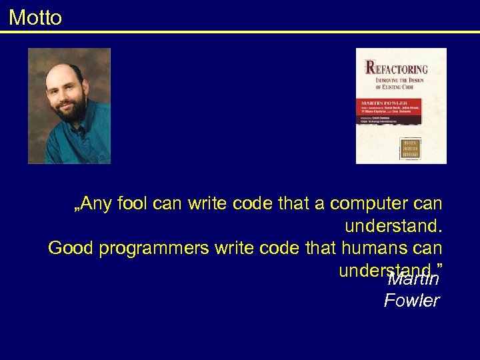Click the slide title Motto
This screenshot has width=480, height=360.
pos(35,17)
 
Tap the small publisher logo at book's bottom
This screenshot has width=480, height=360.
pos(410,148)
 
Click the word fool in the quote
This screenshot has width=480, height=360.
pos(133,203)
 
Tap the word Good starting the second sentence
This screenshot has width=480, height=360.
pos(71,248)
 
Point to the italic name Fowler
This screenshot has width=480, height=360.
pos(411,301)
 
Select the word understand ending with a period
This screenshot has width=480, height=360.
pos(393,226)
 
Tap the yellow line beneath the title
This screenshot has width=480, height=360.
pos(240,31)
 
